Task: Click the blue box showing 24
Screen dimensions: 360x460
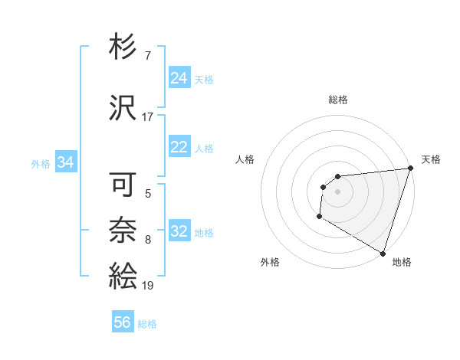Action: point(179,79)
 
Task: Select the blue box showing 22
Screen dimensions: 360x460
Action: point(179,148)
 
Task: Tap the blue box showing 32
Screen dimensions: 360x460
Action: point(179,232)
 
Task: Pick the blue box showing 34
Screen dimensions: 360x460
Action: point(65,162)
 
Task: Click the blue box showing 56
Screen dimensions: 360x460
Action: point(122,323)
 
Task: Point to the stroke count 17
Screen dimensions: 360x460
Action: point(148,117)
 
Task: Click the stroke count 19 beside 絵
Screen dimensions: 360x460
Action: point(148,285)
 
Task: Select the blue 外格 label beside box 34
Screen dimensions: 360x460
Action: point(41,163)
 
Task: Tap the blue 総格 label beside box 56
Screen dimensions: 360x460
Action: point(147,324)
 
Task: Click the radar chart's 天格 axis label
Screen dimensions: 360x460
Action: point(431,159)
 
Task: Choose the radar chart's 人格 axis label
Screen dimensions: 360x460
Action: point(245,159)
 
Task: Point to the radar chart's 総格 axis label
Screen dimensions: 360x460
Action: point(337,100)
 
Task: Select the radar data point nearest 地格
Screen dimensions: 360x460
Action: point(383,254)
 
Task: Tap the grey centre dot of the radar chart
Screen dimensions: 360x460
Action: point(337,191)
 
